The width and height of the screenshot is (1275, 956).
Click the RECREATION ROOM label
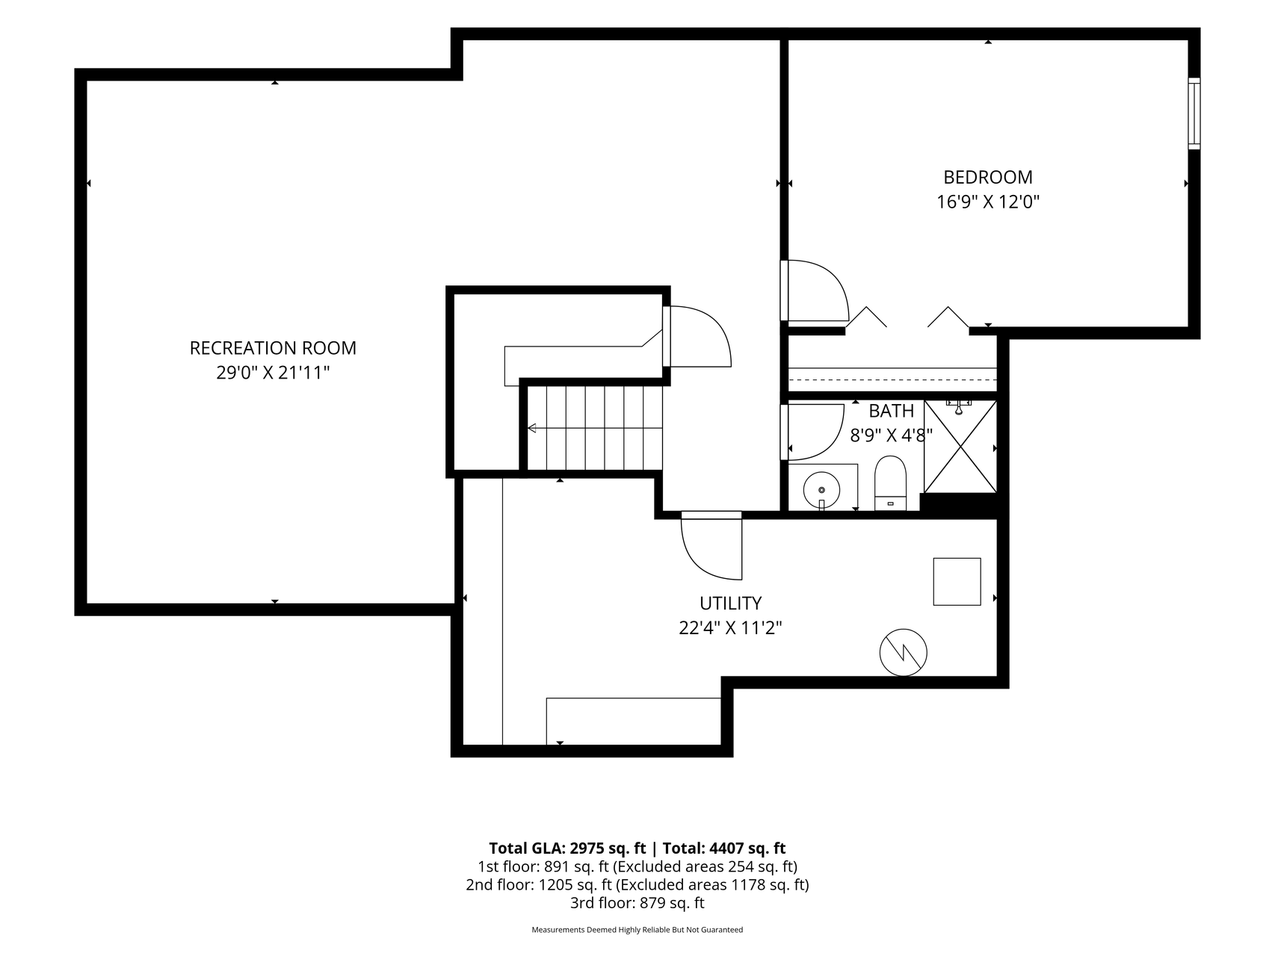pyautogui.click(x=273, y=348)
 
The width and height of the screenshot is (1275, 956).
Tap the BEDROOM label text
pyautogui.click(x=988, y=177)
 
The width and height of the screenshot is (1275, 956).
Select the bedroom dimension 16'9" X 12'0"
pyautogui.click(x=988, y=202)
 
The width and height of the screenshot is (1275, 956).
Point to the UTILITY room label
pyautogui.click(x=730, y=603)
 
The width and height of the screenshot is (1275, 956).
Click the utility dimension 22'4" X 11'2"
pyautogui.click(x=730, y=628)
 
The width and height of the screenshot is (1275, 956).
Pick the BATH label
pyautogui.click(x=891, y=411)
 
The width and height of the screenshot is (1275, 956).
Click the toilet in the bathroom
pyautogui.click(x=890, y=484)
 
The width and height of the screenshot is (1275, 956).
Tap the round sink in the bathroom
pyautogui.click(x=821, y=490)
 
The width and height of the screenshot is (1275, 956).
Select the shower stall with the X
pyautogui.click(x=960, y=447)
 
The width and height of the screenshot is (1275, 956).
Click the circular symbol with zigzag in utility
pyautogui.click(x=904, y=653)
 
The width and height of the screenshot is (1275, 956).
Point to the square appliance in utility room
pyautogui.click(x=957, y=581)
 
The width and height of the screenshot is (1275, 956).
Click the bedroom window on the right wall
pyautogui.click(x=1194, y=114)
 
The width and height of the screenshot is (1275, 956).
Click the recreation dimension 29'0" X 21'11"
pyautogui.click(x=273, y=373)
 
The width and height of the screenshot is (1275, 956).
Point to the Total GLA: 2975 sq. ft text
pyautogui.click(x=567, y=848)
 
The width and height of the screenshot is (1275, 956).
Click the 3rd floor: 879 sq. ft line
pyautogui.click(x=637, y=903)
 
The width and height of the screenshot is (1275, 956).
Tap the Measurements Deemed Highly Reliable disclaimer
pyautogui.click(x=637, y=930)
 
